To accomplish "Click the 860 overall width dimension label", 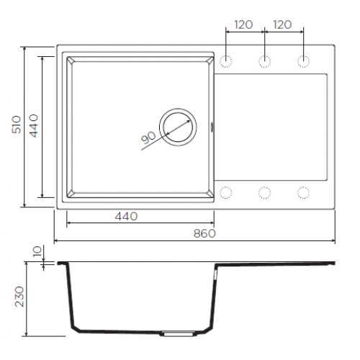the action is tap(204, 233).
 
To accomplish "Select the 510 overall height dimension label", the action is tap(17, 125).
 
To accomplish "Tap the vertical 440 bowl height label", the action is tap(34, 125).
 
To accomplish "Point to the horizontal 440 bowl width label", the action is tap(126, 217).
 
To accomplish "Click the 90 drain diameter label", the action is tap(148, 138).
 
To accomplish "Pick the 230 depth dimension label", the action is tap(19, 297).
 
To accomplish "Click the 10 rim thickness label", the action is tap(37, 251).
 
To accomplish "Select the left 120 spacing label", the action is tap(243, 24).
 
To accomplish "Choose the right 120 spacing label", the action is tap(282, 24).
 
